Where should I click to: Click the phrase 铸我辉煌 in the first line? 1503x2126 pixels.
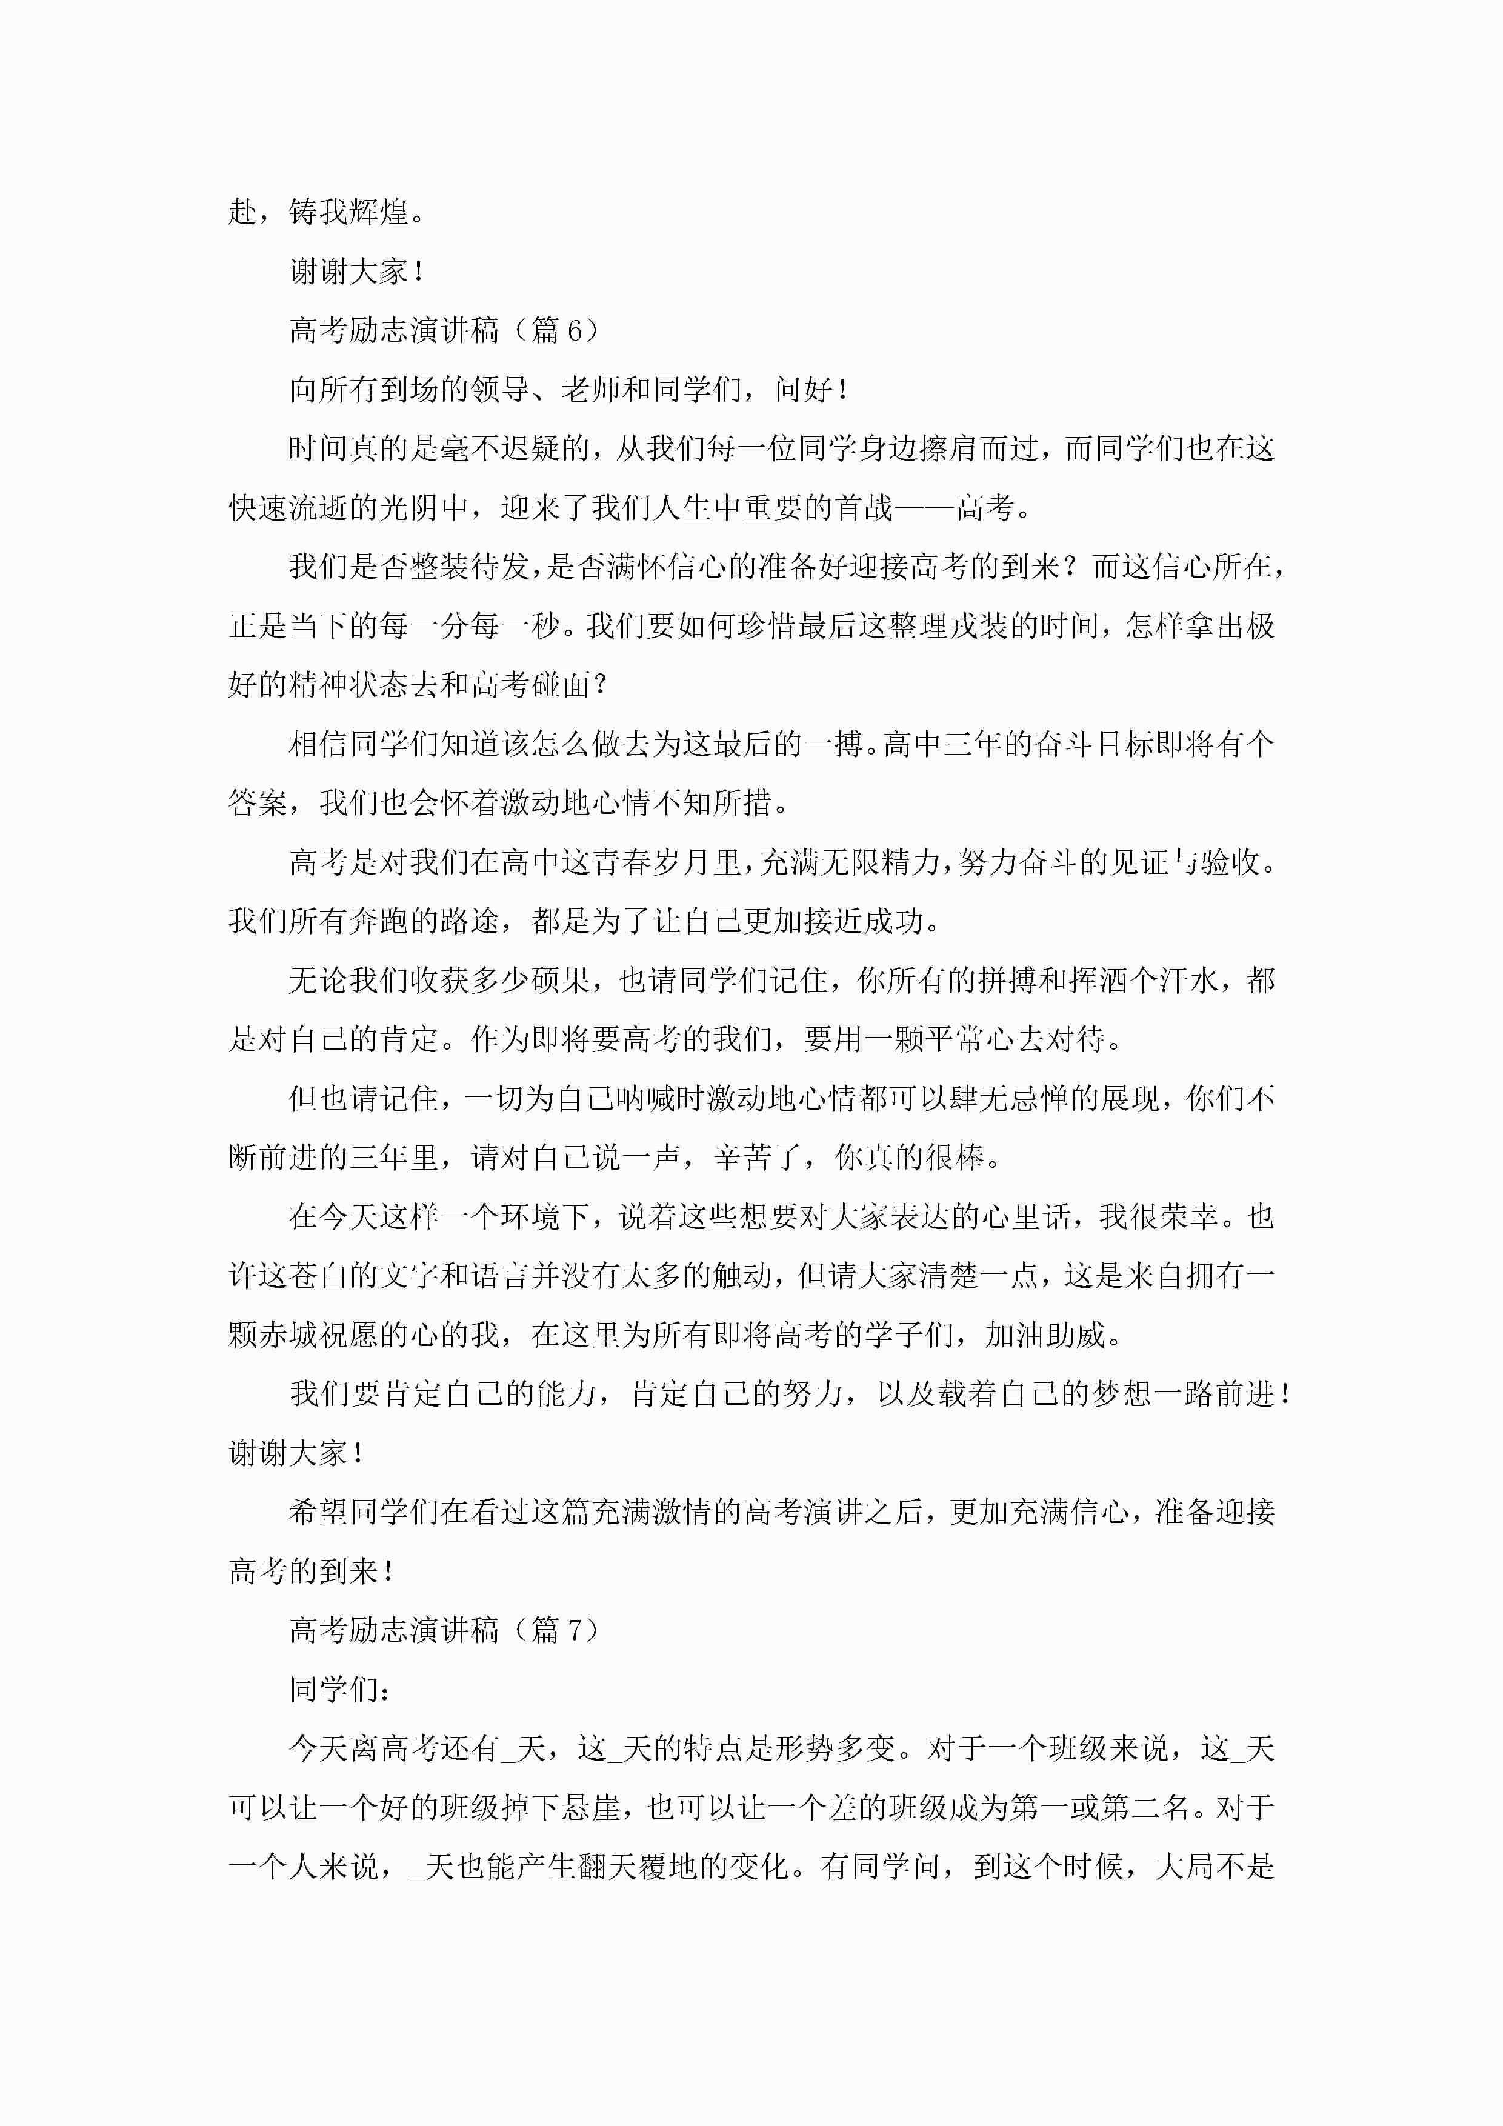point(348,212)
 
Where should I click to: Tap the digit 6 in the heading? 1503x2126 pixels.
point(573,330)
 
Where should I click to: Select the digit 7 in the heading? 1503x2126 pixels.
point(573,1630)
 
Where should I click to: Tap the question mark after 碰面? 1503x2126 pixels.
point(600,685)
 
